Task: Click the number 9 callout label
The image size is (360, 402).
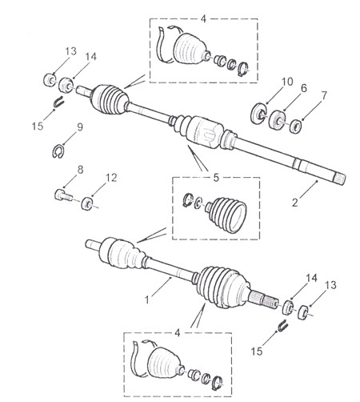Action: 80,127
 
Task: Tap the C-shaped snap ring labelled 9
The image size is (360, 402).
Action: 58,151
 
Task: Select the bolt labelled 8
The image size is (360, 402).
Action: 63,195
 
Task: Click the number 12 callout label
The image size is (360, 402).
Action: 111,178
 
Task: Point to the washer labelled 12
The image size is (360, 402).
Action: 86,204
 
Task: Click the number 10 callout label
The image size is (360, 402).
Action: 287,82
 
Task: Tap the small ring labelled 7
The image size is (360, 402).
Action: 295,127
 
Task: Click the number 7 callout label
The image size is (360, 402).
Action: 323,95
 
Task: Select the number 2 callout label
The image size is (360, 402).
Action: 294,203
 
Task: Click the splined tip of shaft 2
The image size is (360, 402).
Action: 340,179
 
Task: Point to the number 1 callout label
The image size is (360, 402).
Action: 147,299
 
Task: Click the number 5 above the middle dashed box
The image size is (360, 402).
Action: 216,178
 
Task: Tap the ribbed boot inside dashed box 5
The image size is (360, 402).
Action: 226,215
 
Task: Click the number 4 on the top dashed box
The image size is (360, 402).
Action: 203,19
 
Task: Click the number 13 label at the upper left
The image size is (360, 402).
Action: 71,51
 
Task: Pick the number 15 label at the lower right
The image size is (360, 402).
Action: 257,352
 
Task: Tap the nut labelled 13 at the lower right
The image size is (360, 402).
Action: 303,312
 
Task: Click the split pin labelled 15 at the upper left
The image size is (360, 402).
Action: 59,102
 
